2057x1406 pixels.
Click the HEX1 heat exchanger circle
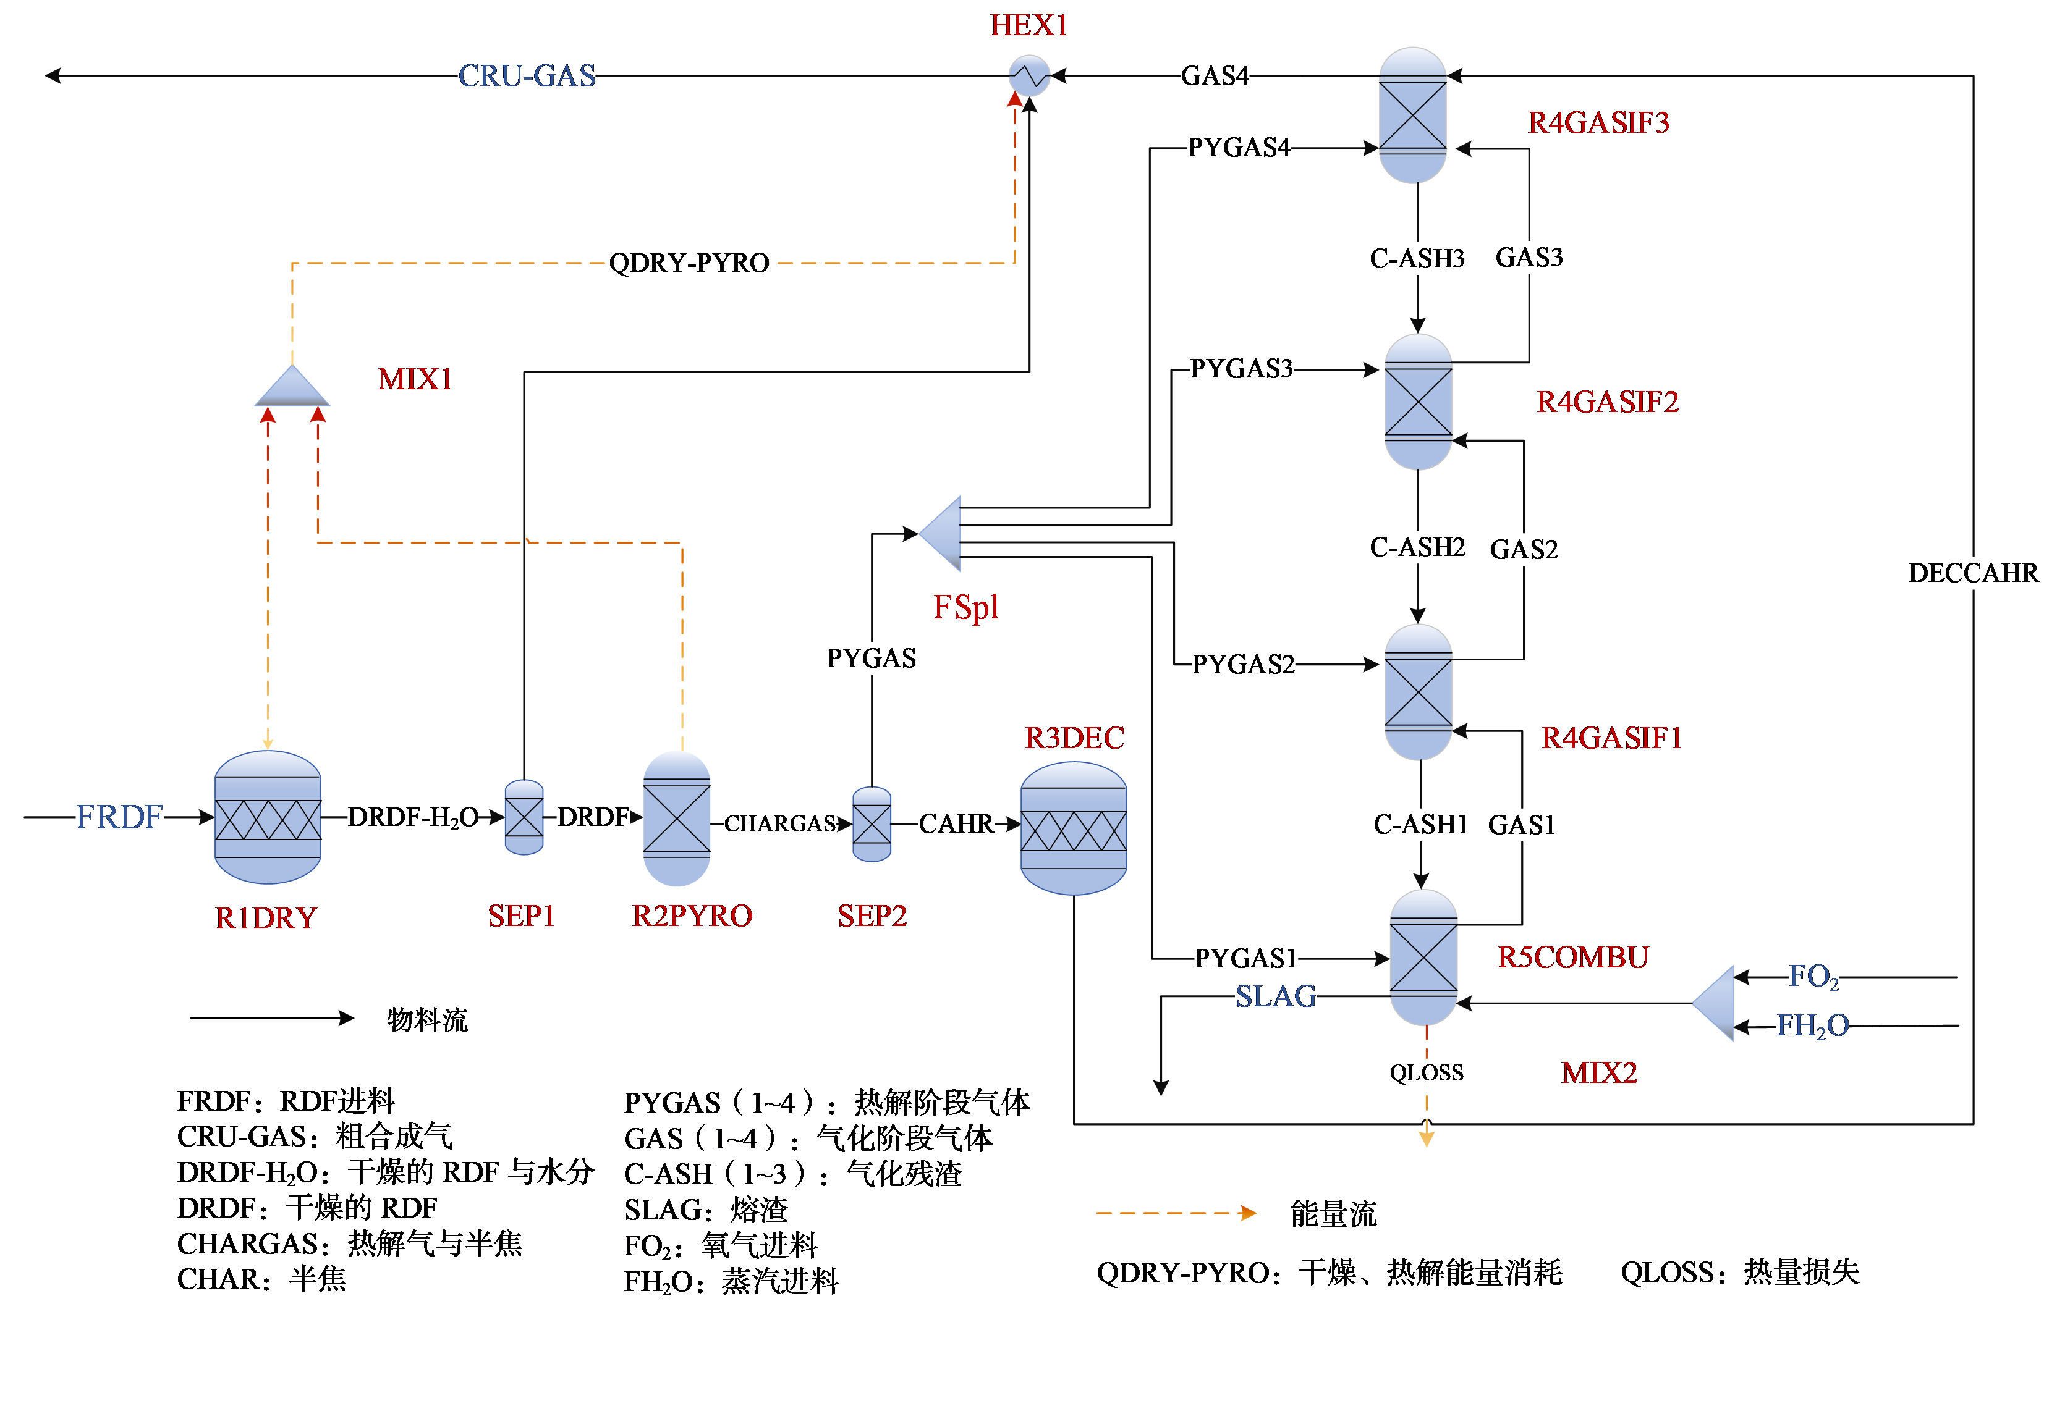point(1028,76)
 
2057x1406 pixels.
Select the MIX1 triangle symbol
point(292,389)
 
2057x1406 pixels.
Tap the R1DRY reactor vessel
point(267,817)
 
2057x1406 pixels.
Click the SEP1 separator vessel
point(524,817)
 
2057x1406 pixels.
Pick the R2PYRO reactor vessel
point(676,819)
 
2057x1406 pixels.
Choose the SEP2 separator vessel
point(872,824)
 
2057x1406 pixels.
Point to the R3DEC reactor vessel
point(1074,828)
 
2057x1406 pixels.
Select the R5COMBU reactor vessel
point(1423,958)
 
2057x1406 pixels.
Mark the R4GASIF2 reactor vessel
point(1418,402)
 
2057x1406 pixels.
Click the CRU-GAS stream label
point(527,76)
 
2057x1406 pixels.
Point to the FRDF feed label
point(119,817)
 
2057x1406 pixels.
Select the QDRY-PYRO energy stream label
point(689,263)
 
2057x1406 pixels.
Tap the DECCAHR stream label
point(1973,573)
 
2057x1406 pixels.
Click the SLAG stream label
point(1276,996)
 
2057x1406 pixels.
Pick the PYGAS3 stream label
point(1241,368)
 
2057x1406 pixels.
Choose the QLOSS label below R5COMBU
point(1426,1072)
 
